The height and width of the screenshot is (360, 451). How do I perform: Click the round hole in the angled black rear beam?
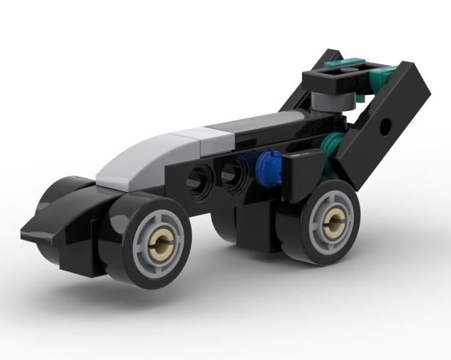point(386,126)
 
